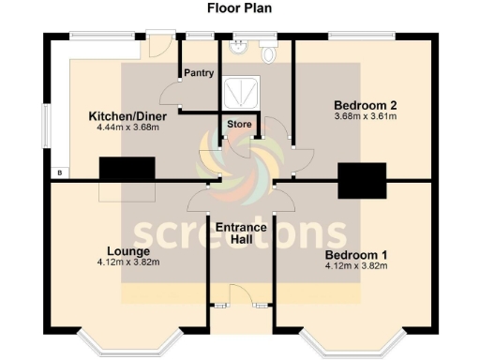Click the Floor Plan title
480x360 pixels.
click(x=240, y=8)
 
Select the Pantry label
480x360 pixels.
click(x=199, y=73)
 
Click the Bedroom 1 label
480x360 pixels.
click(x=356, y=255)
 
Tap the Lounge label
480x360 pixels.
click(x=128, y=251)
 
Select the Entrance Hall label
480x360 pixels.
click(x=241, y=233)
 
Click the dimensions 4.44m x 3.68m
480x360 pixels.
click(x=123, y=128)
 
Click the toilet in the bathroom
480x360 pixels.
click(x=269, y=53)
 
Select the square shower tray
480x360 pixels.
click(x=243, y=93)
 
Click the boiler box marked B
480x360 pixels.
click(x=59, y=173)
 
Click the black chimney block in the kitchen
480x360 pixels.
click(x=127, y=169)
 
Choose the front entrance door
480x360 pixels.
click(x=241, y=306)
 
